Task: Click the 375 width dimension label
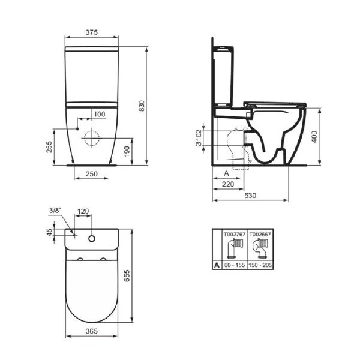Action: [92, 32]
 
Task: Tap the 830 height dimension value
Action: [142, 106]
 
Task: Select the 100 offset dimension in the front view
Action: [100, 114]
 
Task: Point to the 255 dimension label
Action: [49, 147]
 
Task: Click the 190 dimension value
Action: [127, 152]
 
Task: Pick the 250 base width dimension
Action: [92, 174]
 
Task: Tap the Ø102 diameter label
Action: [199, 138]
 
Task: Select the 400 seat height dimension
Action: [314, 137]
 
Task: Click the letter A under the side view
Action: [226, 173]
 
